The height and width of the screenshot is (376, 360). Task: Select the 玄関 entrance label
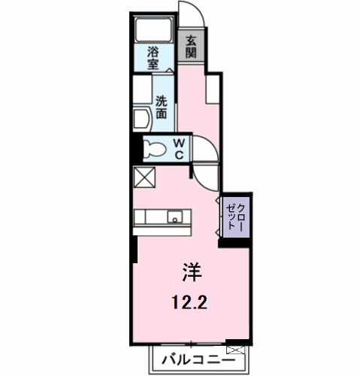click(191, 47)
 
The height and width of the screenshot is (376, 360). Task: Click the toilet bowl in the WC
click(153, 147)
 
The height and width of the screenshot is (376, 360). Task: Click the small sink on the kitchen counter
click(175, 219)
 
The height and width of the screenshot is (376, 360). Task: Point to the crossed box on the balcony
click(237, 350)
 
